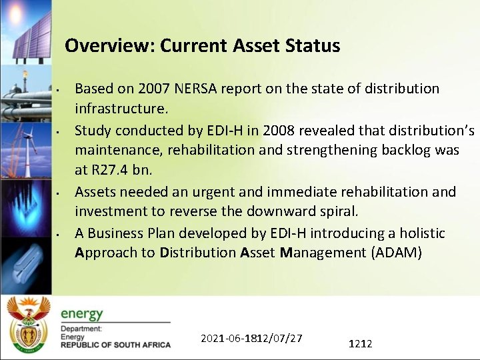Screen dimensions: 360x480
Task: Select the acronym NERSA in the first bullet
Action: (196, 89)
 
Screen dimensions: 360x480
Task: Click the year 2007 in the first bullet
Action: (155, 89)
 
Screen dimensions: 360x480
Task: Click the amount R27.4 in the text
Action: (109, 170)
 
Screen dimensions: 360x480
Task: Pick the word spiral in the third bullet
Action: (337, 212)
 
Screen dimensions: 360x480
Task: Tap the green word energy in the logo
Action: (82, 314)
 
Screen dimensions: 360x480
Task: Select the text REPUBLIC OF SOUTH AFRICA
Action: (115, 345)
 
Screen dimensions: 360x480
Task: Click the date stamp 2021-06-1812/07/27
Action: (251, 338)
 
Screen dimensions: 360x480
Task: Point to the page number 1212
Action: (360, 343)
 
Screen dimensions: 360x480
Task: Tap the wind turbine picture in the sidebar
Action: (27, 150)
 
